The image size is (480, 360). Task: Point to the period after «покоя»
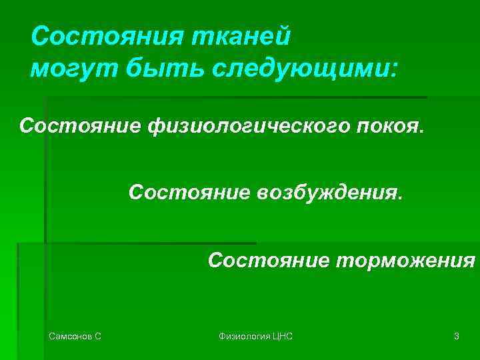(x=420, y=131)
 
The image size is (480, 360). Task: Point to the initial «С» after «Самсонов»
(x=98, y=337)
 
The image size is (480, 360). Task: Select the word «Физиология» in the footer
(x=244, y=337)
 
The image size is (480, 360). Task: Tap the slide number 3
(x=456, y=337)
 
